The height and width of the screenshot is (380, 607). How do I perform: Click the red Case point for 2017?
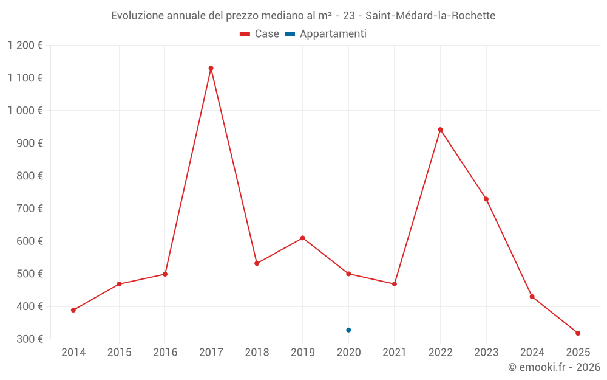(211, 68)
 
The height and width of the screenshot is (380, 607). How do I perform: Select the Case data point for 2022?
(440, 130)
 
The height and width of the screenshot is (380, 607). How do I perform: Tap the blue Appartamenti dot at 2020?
(348, 330)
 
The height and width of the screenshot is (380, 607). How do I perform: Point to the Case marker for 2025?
(578, 333)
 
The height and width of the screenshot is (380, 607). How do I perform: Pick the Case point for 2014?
(73, 310)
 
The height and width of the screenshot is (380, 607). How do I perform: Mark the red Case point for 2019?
(302, 238)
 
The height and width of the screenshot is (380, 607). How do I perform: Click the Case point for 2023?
(486, 199)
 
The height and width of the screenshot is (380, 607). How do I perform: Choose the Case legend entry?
(260, 34)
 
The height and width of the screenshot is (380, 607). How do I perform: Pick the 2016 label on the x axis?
(165, 353)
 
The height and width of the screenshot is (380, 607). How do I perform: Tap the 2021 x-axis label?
(395, 353)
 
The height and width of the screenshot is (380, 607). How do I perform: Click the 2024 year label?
(532, 353)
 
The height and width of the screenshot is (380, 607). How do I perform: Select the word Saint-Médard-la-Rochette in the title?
(430, 16)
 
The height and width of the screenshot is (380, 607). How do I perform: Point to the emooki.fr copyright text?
(554, 367)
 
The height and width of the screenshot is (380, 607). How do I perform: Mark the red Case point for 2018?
(257, 263)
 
